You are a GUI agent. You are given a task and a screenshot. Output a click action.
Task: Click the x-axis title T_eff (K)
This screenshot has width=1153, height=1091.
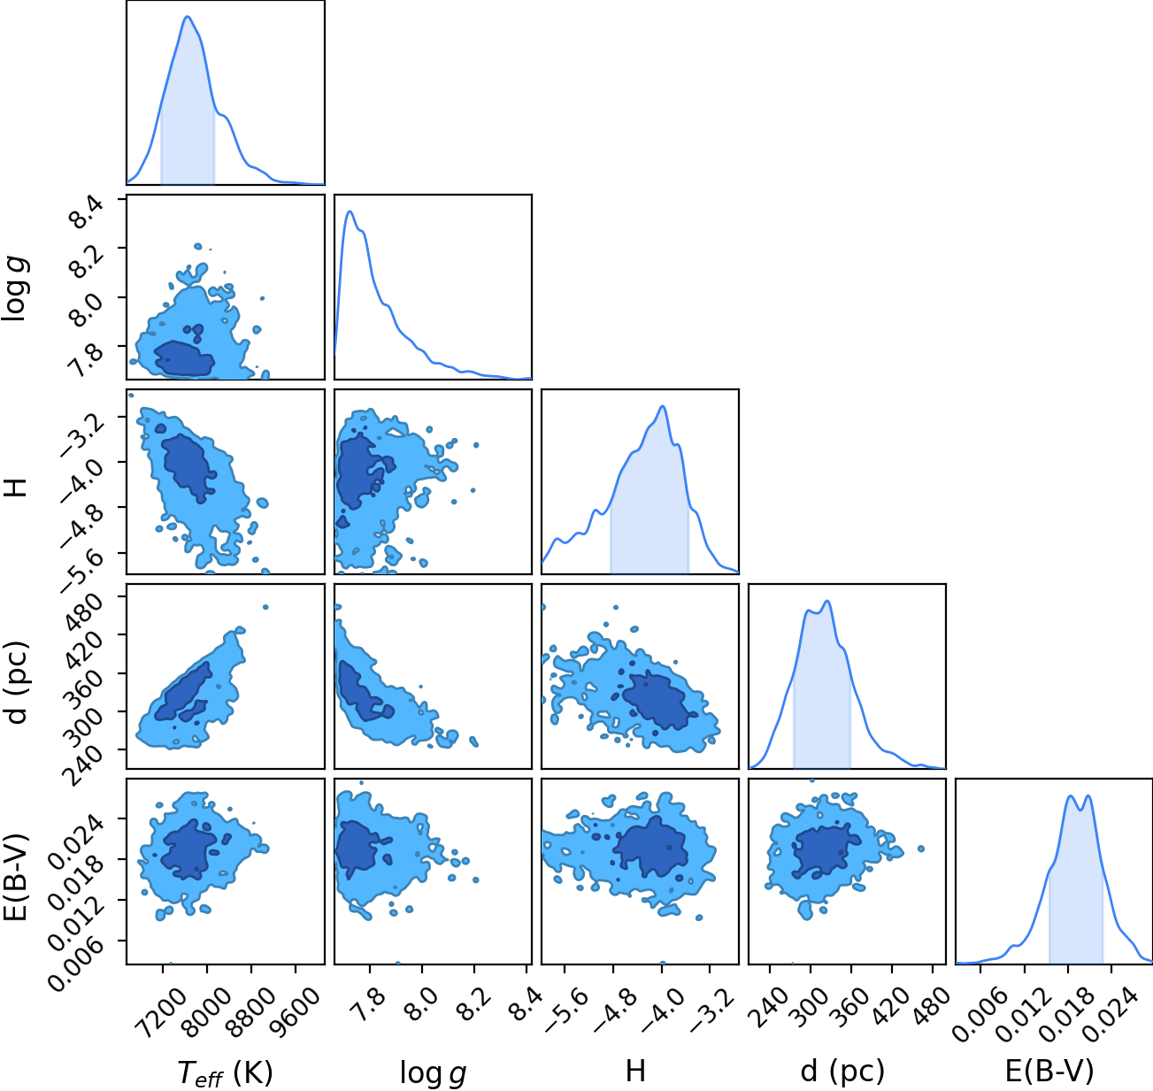pos(226,1072)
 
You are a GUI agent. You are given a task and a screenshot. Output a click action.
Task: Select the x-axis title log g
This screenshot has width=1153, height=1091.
pos(433,1073)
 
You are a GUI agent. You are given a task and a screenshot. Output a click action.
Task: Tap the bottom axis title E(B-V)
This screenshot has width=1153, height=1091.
pos(1049,1072)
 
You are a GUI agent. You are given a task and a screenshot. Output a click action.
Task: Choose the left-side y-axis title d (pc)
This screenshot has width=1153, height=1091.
pos(17,683)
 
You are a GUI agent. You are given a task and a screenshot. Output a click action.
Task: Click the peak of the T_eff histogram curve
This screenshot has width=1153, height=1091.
pos(188,17)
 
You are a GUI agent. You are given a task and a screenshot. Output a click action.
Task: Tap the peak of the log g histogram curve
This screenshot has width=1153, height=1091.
pos(350,211)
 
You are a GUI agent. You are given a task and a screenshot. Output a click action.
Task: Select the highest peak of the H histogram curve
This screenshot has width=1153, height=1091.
pos(663,406)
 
